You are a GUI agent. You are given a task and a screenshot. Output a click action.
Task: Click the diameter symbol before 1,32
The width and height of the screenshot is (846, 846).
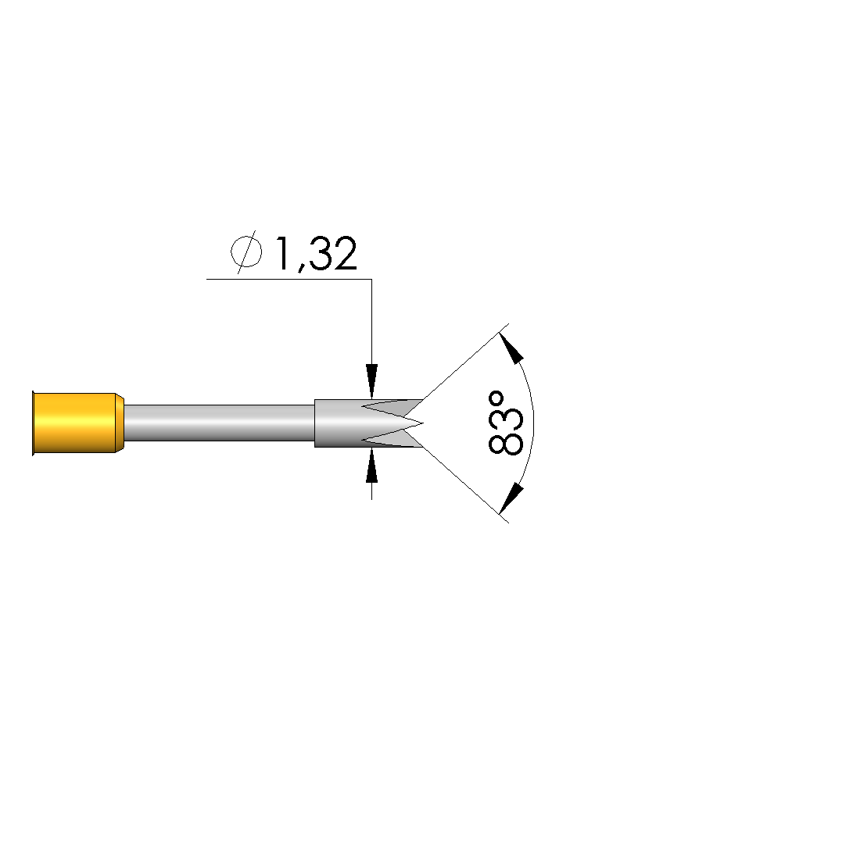(x=246, y=252)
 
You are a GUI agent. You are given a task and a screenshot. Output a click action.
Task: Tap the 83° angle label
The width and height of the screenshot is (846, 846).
(x=505, y=423)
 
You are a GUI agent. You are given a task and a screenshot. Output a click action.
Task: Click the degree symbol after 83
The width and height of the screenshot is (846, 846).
(x=496, y=399)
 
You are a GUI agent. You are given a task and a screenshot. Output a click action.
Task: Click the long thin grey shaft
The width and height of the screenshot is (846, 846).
(x=219, y=423)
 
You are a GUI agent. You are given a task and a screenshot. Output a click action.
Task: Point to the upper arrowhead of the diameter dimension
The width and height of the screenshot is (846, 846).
(x=371, y=381)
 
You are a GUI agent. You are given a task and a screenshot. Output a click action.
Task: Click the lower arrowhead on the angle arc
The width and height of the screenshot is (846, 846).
(x=511, y=498)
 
